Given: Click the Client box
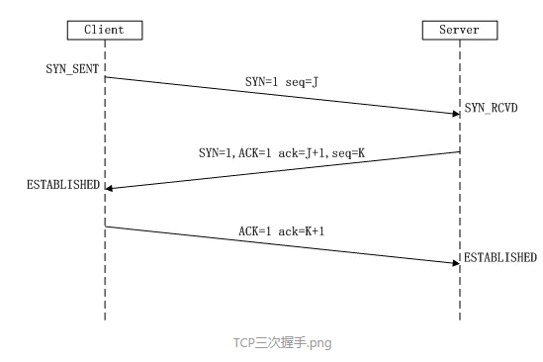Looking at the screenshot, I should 105,30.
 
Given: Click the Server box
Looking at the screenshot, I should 459,30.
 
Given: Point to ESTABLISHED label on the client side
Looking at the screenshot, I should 63,185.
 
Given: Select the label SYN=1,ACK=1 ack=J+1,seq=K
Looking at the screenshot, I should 280,154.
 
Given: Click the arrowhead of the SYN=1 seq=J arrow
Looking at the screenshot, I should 455,114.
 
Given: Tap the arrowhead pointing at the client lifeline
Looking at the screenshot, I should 110,187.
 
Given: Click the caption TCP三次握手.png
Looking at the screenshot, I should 282,343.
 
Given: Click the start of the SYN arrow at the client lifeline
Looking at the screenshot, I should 106,77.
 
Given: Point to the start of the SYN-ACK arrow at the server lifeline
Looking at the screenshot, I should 459,151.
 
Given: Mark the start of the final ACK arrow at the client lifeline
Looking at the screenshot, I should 106,226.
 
